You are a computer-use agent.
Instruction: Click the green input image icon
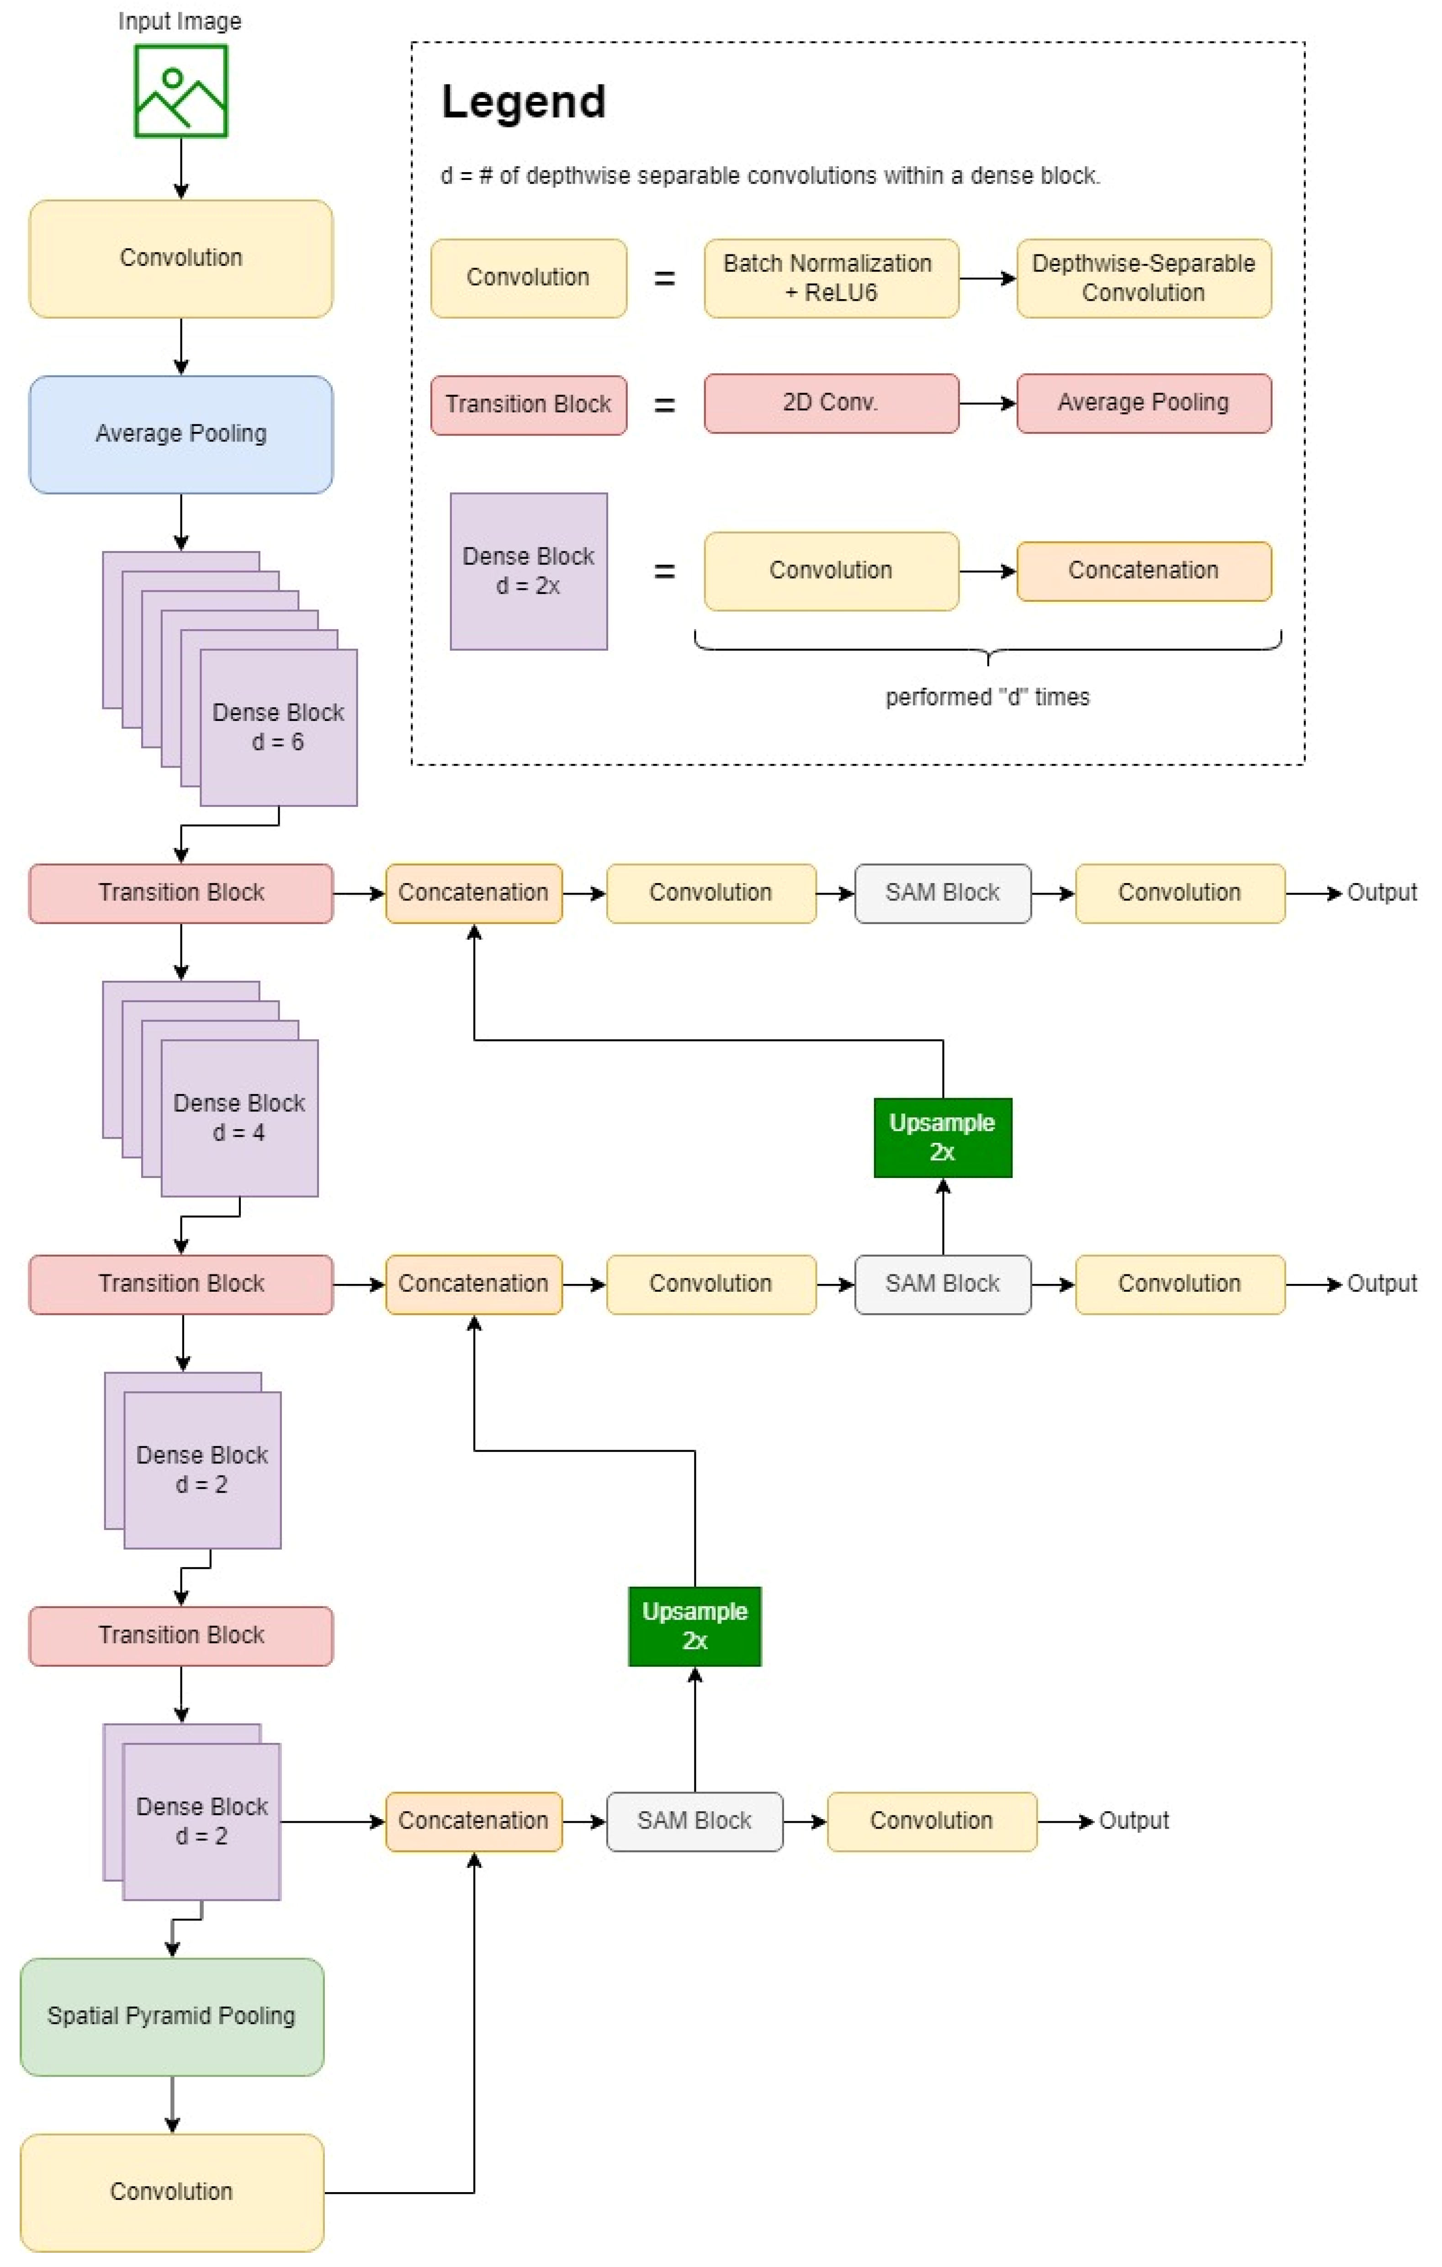pyautogui.click(x=181, y=91)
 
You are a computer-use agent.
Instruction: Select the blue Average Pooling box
pyautogui.click(x=181, y=434)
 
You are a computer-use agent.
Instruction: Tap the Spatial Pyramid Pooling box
pyautogui.click(x=171, y=2015)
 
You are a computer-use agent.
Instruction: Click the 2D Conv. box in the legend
pyautogui.click(x=831, y=403)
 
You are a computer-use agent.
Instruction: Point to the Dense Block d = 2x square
pyautogui.click(x=528, y=570)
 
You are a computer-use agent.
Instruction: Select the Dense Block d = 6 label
pyautogui.click(x=278, y=727)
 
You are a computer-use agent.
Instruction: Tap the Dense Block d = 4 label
pyautogui.click(x=239, y=1117)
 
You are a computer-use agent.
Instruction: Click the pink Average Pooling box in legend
pyautogui.click(x=1144, y=403)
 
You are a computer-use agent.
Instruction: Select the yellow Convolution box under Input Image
pyautogui.click(x=181, y=258)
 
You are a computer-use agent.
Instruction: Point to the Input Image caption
pyautogui.click(x=180, y=21)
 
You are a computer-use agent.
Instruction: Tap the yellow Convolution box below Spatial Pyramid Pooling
pyautogui.click(x=171, y=2192)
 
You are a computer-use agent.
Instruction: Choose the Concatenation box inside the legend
pyautogui.click(x=1144, y=570)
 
